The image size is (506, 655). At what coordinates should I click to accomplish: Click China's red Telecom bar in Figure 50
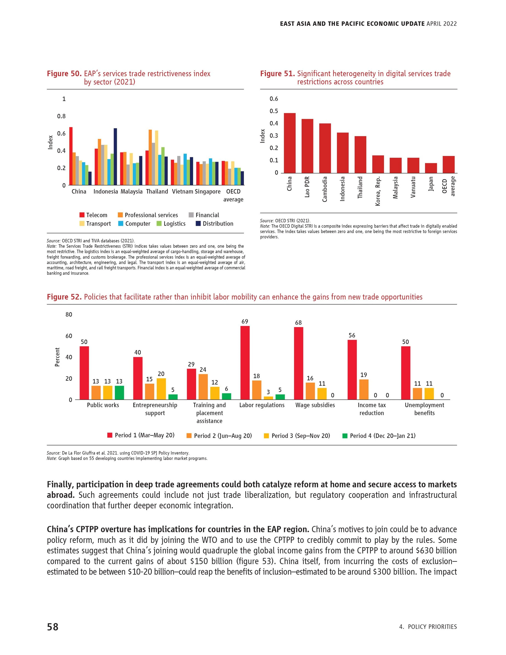pyautogui.click(x=71, y=156)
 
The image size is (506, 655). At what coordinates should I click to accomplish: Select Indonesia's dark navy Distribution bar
pyautogui.click(x=115, y=157)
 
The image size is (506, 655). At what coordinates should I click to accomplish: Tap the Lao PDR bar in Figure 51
pyautogui.click(x=307, y=146)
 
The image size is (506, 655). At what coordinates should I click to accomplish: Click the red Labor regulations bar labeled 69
pyautogui.click(x=245, y=363)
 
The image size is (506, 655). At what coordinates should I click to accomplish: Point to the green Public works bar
pyautogui.click(x=119, y=393)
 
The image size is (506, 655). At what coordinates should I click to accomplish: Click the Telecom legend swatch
pyautogui.click(x=82, y=215)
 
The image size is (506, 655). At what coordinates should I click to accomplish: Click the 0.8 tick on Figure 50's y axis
pyautogui.click(x=62, y=116)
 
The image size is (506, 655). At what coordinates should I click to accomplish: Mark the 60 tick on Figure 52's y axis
pyautogui.click(x=69, y=336)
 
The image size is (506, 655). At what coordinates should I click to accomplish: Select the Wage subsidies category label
pyautogui.click(x=315, y=405)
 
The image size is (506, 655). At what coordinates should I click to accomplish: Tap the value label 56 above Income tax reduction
pyautogui.click(x=352, y=335)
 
